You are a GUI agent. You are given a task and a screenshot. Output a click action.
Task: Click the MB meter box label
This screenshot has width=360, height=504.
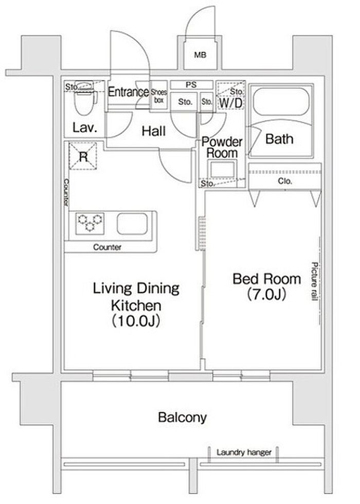tap(200, 55)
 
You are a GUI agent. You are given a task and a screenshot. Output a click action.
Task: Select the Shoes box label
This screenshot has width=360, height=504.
tap(159, 96)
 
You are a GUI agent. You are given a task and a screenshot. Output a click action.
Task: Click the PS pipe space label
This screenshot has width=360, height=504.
tap(191, 85)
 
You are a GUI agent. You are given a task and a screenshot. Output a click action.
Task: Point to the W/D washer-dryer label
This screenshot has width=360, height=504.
tap(231, 103)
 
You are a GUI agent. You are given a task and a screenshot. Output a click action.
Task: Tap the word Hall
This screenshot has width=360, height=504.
tap(154, 131)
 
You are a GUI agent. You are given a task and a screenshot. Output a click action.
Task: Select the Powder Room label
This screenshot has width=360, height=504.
tap(222, 147)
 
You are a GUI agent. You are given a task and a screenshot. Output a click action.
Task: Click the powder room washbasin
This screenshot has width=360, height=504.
tap(222, 169)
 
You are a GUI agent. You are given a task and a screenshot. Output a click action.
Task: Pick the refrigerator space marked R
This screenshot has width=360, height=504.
tap(83, 156)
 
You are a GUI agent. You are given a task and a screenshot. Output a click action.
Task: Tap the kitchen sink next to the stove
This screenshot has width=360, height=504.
tap(132, 223)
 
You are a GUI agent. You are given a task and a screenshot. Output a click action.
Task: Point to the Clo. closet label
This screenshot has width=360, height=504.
tap(285, 181)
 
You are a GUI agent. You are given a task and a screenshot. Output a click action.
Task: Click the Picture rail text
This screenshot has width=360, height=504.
tap(314, 281)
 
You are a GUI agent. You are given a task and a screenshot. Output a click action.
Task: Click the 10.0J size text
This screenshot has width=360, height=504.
tap(136, 321)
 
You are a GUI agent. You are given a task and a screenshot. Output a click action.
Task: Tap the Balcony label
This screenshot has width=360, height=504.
tap(182, 418)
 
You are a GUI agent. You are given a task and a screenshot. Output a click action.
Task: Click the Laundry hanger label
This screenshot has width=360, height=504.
tap(244, 453)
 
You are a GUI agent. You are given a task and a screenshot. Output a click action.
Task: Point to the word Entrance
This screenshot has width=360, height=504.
tap(128, 92)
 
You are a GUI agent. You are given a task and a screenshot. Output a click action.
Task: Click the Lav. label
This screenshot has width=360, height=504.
tap(84, 128)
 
